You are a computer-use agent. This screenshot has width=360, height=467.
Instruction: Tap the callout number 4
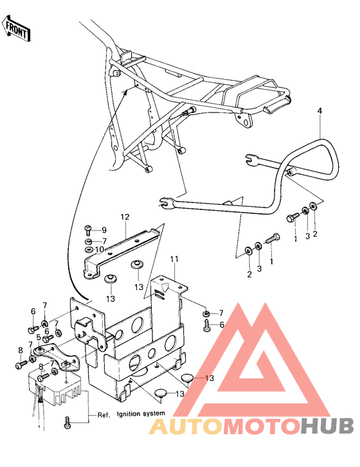[319, 110]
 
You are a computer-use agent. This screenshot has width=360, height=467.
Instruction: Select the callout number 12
[125, 217]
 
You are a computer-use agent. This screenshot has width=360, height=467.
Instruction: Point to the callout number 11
[174, 259]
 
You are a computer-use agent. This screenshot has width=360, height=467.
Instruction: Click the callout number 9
[104, 230]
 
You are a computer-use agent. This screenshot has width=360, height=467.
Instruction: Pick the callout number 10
[100, 249]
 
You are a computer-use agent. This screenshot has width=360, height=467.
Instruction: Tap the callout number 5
[39, 337]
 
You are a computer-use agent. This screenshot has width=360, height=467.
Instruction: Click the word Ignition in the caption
[129, 414]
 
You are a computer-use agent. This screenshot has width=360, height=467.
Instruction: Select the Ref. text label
[104, 415]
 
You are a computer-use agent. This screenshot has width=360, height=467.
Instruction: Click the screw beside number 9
[89, 229]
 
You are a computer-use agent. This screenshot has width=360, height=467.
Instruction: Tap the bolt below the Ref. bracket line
[68, 423]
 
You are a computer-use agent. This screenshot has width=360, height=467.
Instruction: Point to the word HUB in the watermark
[327, 426]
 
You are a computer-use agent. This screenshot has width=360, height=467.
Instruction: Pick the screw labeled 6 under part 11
[207, 325]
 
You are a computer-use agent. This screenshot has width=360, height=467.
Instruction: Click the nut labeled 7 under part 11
[206, 313]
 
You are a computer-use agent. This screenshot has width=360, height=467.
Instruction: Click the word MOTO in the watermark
[262, 426]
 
